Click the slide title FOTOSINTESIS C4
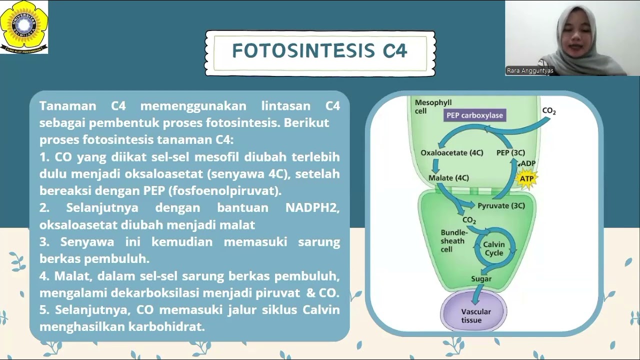coord(320,51)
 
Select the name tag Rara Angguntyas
coord(530,70)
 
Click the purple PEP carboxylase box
coord(474,115)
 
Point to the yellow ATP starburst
coord(526,178)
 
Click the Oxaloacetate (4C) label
coord(451,152)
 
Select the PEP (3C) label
coord(510,152)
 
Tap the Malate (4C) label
coord(448,177)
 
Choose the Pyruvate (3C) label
coord(501,205)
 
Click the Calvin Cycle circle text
coord(493,248)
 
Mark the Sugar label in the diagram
coord(481,279)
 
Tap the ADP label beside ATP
coord(527,163)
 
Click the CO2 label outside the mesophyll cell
coord(548,111)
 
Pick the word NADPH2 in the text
coord(312,207)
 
